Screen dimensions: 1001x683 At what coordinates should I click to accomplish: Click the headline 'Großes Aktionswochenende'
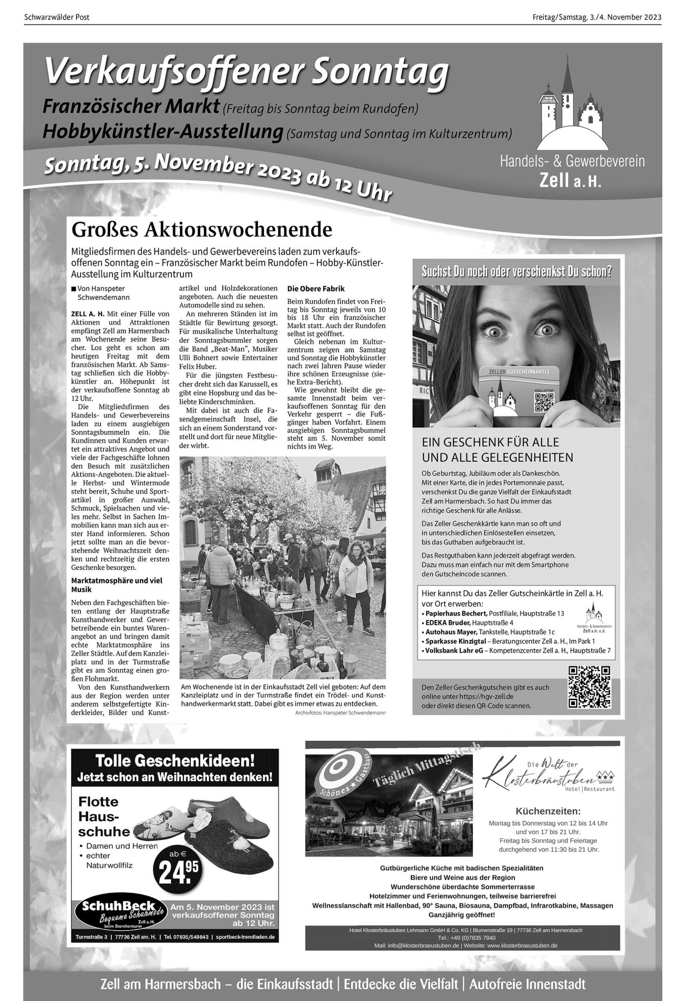[x=202, y=230]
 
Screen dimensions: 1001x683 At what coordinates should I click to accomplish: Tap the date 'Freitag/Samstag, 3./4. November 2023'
[x=596, y=17]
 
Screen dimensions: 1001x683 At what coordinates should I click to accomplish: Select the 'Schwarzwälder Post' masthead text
[x=56, y=17]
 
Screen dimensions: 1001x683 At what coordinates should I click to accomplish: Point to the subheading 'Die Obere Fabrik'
[x=316, y=289]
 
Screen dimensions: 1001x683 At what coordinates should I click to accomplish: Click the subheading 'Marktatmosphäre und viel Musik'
[x=117, y=585]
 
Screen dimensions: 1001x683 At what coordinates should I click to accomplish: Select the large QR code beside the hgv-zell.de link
[x=589, y=687]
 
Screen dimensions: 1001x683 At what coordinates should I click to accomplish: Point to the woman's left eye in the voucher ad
[x=546, y=329]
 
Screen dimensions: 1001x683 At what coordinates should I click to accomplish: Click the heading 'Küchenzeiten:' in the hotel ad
[x=548, y=812]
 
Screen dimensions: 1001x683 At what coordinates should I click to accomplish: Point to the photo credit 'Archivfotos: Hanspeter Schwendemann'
[x=340, y=713]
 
